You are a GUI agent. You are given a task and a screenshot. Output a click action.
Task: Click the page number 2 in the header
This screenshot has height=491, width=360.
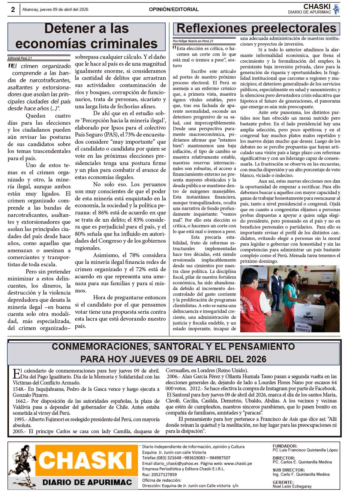click(13, 10)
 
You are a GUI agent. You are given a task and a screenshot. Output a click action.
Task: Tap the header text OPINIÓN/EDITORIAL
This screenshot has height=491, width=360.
click(174, 10)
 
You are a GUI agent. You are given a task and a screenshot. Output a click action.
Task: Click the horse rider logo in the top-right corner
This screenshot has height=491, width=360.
click(337, 9)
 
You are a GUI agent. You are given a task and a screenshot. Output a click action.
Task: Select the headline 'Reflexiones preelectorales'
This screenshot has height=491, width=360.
click(256, 28)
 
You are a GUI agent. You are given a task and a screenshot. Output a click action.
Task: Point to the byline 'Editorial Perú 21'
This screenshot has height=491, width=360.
click(20, 58)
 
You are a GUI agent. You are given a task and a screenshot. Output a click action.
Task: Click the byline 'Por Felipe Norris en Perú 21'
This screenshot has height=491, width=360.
click(193, 41)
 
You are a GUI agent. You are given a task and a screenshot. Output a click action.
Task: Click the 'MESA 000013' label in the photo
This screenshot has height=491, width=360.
click(302, 328)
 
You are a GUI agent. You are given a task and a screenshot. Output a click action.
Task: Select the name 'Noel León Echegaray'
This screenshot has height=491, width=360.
click(292, 487)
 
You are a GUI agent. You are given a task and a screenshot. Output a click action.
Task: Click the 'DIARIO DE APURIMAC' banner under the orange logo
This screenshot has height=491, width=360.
click(87, 482)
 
